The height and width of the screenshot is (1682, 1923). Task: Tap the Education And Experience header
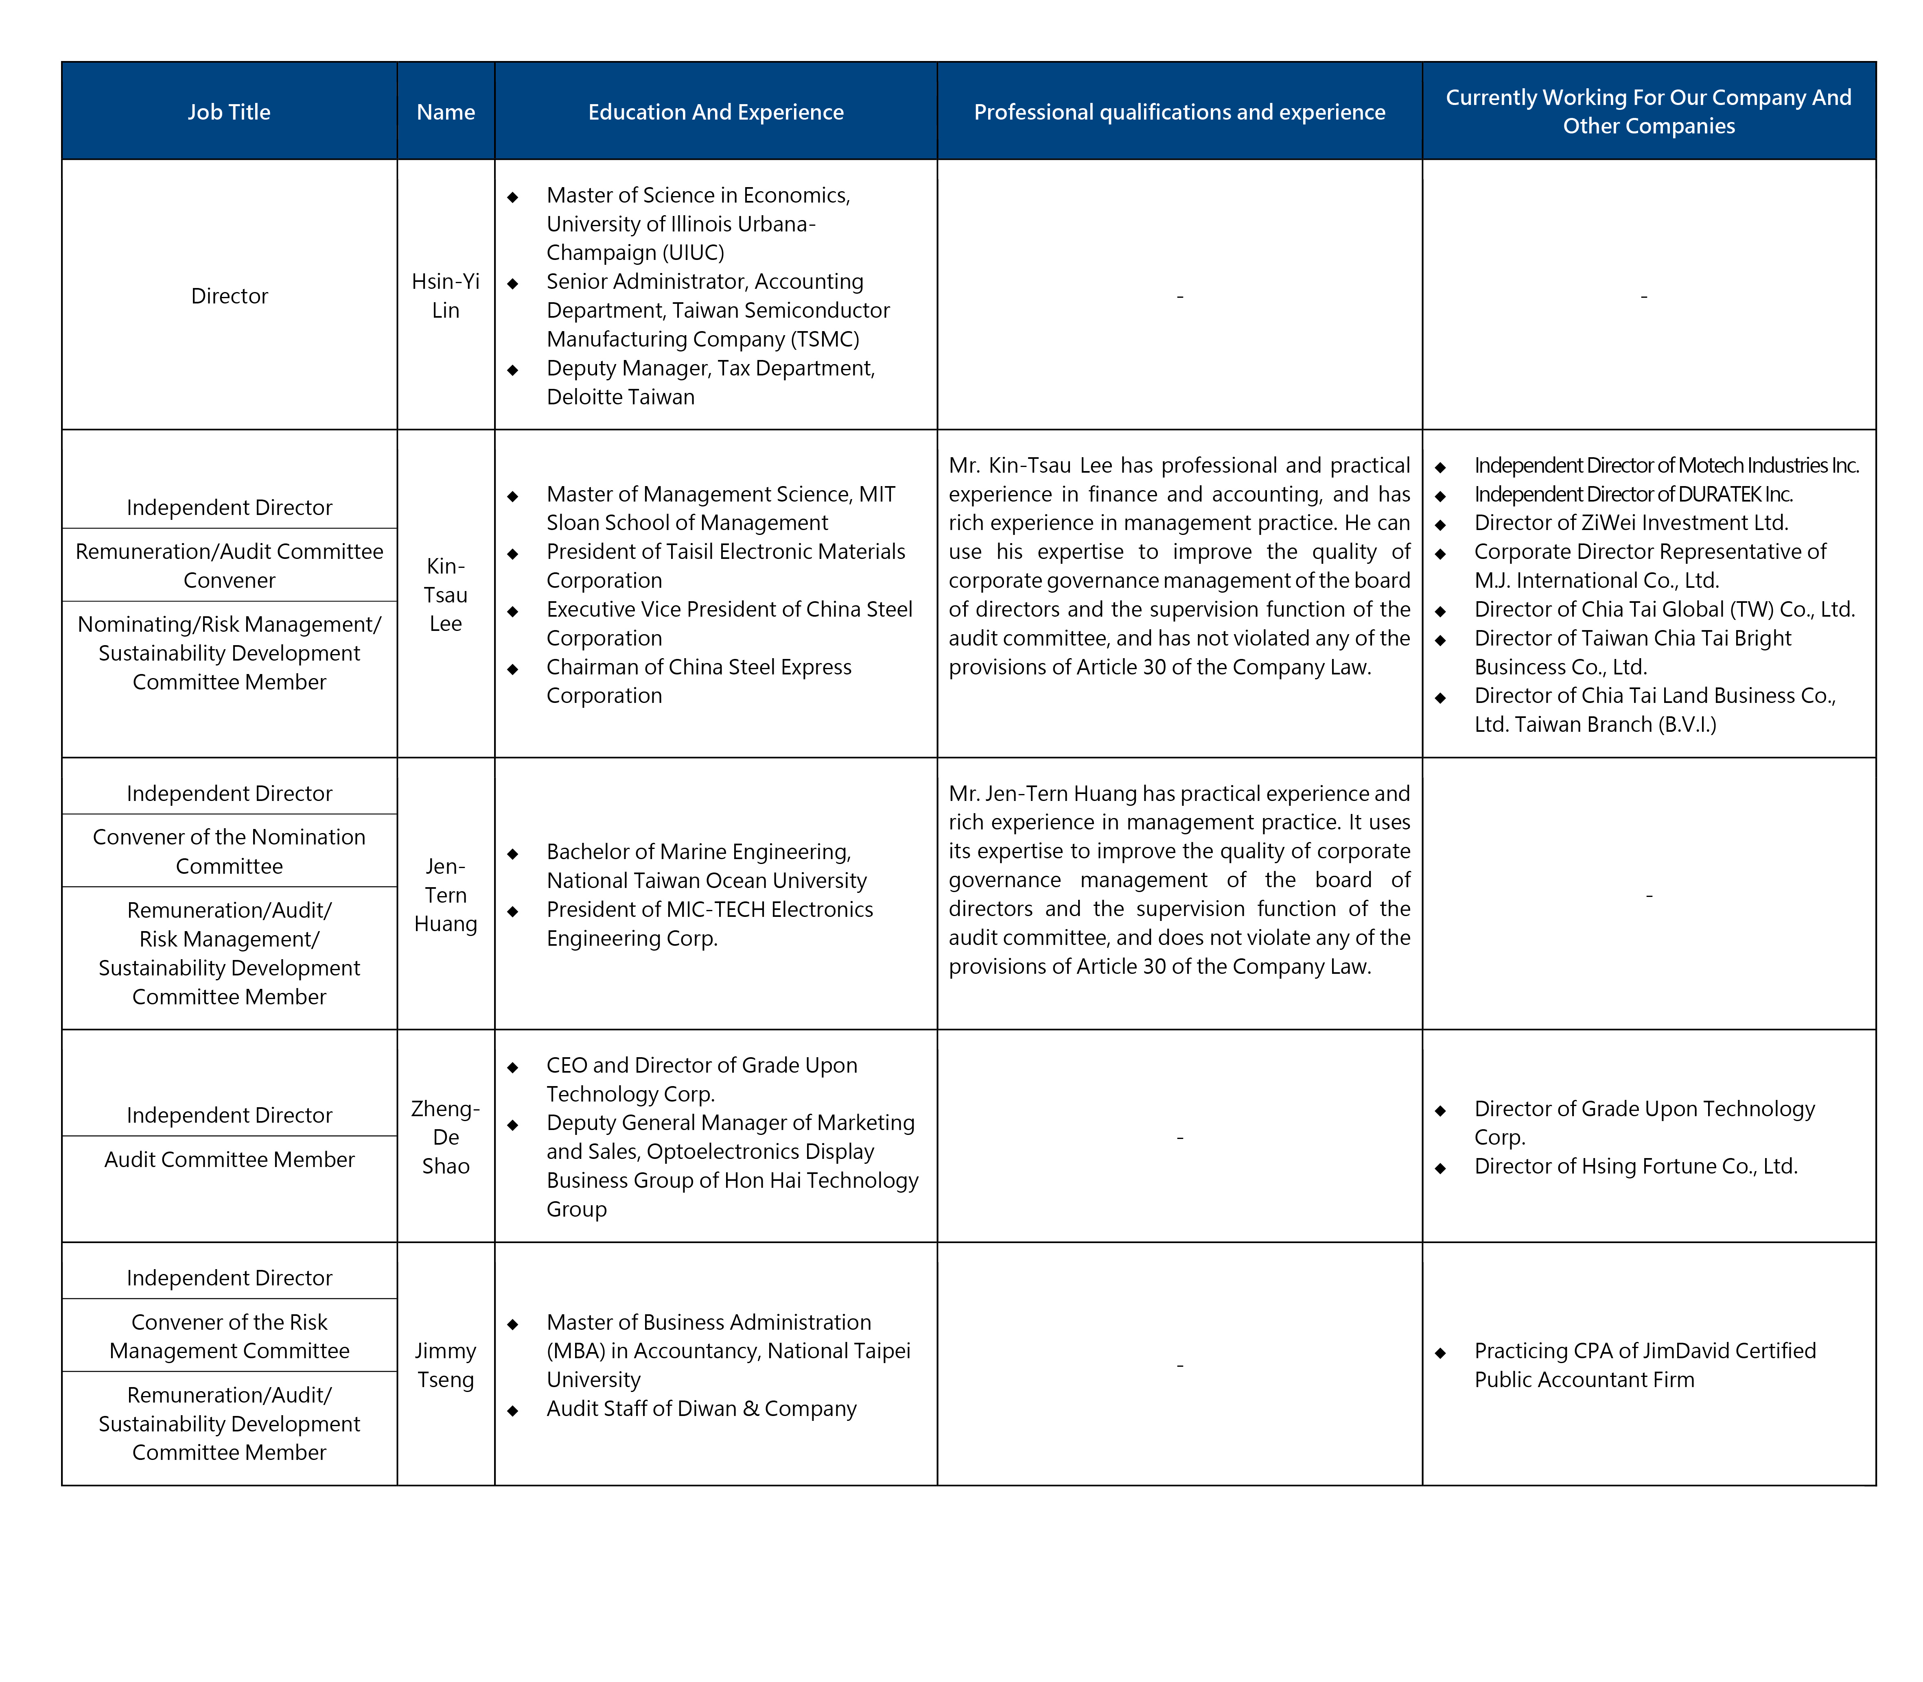pyautogui.click(x=715, y=112)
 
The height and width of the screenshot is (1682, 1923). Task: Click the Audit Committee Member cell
pyautogui.click(x=229, y=1159)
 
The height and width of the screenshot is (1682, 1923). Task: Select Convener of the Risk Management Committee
pyautogui.click(x=229, y=1336)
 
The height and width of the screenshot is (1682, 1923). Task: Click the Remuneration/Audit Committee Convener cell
pyautogui.click(x=229, y=565)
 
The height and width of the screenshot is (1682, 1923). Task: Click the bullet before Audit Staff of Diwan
pyautogui.click(x=513, y=1410)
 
